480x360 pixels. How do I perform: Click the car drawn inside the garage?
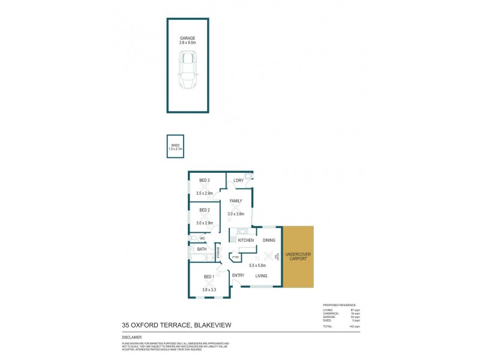point(188,70)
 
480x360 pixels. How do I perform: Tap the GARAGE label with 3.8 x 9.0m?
point(188,40)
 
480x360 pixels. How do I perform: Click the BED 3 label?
point(205,181)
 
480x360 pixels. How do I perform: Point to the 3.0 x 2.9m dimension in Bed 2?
point(205,223)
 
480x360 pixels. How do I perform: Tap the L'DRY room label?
point(238,181)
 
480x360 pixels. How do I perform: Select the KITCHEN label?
point(247,240)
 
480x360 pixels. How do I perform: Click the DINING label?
point(269,240)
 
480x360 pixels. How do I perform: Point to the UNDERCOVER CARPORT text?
point(298,257)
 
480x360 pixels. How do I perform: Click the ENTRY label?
point(238,275)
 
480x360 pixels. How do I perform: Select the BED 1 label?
point(209,277)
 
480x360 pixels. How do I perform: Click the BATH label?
point(201,249)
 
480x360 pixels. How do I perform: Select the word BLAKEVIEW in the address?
point(211,325)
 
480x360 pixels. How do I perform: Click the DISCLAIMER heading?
point(132,337)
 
